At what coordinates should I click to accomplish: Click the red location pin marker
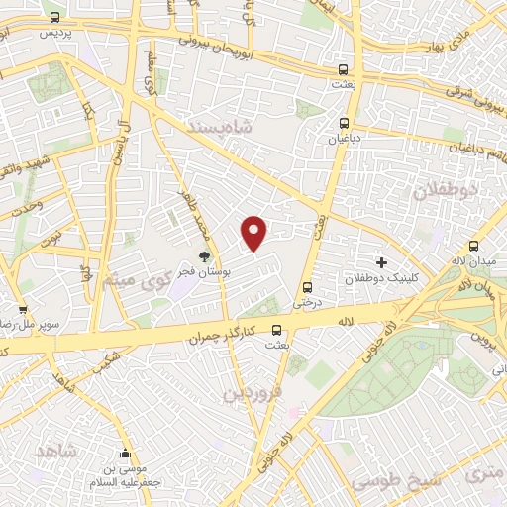[255, 233]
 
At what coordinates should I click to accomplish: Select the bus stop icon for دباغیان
[344, 124]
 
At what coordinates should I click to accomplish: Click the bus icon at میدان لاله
[474, 246]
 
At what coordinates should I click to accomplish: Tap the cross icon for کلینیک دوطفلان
[380, 262]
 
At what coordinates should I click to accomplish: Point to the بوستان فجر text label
[202, 272]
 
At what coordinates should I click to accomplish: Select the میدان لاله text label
[473, 261]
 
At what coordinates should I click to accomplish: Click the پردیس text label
[56, 33]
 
